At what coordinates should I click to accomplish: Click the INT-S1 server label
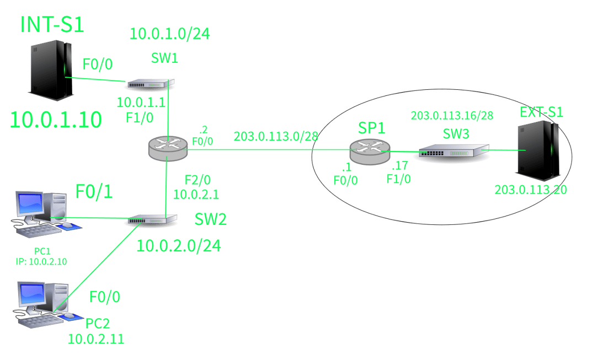point(52,24)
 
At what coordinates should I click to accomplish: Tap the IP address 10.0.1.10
point(56,120)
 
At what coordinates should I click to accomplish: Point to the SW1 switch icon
point(151,84)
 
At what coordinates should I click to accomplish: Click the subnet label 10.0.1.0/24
point(170,34)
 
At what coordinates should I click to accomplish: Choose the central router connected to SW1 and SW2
point(168,148)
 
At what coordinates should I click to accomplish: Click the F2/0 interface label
point(197,180)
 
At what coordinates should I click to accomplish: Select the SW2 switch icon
point(152,219)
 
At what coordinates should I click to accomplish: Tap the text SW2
point(211,219)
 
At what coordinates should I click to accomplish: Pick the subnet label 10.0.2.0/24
point(179,246)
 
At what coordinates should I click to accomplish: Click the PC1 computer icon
point(46,214)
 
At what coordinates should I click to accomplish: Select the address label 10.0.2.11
point(96,339)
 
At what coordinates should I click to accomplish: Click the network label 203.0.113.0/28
point(276,136)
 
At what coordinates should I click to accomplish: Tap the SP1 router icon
point(370,152)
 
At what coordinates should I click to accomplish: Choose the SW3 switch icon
point(454,151)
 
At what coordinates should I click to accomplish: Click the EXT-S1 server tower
point(537,151)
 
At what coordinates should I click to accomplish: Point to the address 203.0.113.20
point(531,190)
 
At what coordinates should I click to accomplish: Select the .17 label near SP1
point(400,165)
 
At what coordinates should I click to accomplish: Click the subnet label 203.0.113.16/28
point(452,115)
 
